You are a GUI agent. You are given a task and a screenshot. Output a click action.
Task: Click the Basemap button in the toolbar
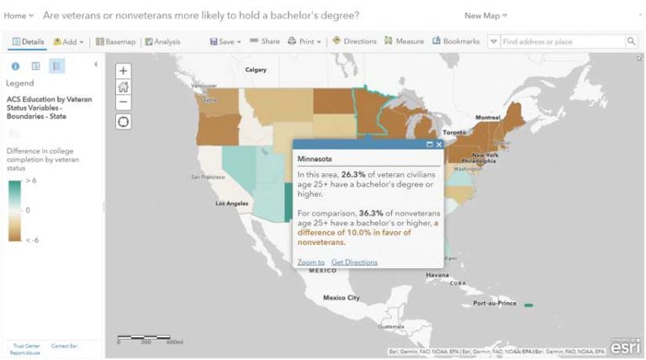point(115,41)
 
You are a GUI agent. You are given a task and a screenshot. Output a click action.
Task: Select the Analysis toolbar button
point(162,41)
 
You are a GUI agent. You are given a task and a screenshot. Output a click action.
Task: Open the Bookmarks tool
point(456,41)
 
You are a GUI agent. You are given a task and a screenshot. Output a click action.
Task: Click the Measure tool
point(404,41)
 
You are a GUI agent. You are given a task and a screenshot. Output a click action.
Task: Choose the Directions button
point(354,41)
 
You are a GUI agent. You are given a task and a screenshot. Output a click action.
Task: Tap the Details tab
point(29,41)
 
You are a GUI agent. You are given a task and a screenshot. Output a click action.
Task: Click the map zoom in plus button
point(124,71)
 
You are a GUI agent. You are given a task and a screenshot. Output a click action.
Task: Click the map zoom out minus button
point(124,102)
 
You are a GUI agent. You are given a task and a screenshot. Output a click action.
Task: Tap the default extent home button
point(124,87)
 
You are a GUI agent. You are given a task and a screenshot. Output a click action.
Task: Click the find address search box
point(560,41)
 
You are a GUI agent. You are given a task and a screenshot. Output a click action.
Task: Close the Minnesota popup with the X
point(439,145)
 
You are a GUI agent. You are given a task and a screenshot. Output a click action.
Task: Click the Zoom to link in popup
point(310,262)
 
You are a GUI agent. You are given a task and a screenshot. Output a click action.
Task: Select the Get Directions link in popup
point(354,262)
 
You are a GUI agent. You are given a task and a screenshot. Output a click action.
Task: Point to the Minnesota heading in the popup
point(315,158)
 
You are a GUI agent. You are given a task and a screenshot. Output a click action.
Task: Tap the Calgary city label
point(255,70)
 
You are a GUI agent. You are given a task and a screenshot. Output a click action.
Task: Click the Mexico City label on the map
point(342,298)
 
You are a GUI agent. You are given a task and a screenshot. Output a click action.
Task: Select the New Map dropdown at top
point(485,16)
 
